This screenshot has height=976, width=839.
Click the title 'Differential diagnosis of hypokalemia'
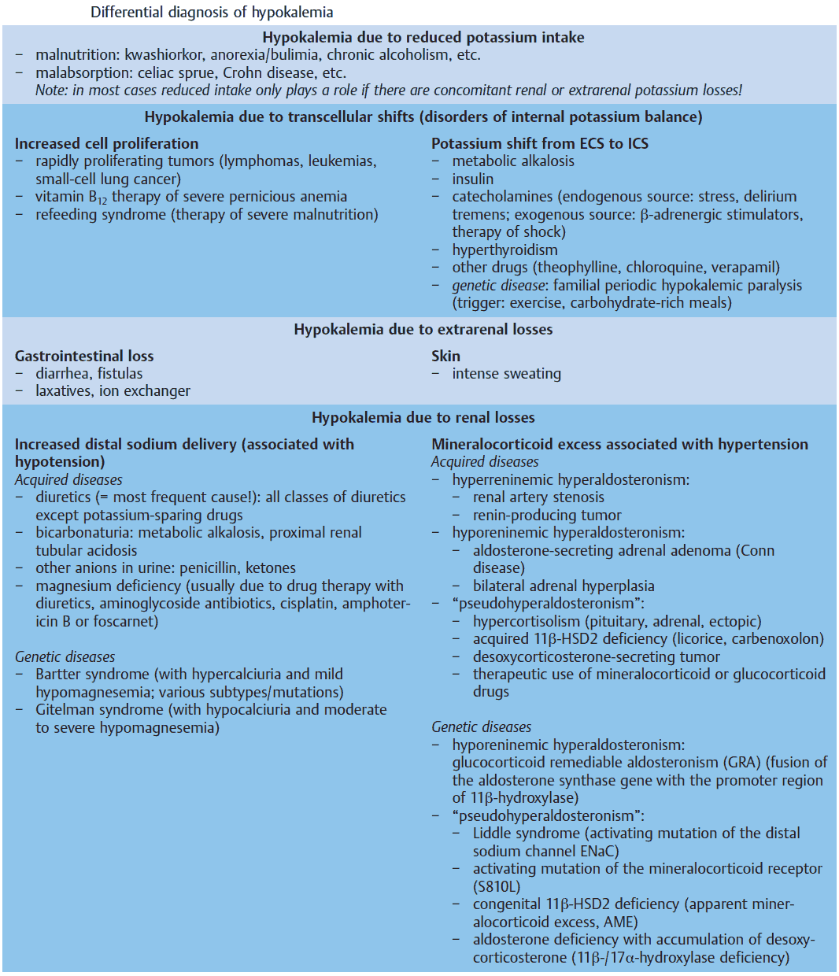[x=212, y=12]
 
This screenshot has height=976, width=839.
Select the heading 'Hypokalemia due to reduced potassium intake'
[x=423, y=37]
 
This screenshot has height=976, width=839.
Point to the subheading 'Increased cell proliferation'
[x=106, y=143]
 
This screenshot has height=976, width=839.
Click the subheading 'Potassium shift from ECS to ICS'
[x=539, y=143]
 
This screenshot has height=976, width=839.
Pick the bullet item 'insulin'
[x=472, y=179]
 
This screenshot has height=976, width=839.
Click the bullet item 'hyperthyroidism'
[x=505, y=250]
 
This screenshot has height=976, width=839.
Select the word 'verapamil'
[x=744, y=268]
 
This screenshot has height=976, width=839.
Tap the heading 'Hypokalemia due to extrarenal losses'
[x=423, y=329]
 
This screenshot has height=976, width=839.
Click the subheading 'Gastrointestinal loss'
[x=84, y=356]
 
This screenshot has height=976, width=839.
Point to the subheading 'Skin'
[x=445, y=356]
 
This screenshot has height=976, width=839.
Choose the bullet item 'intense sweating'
[x=506, y=374]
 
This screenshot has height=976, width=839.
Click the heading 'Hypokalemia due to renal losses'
[x=423, y=417]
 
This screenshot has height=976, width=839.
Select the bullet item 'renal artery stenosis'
[x=538, y=497]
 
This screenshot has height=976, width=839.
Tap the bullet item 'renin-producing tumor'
[x=547, y=516]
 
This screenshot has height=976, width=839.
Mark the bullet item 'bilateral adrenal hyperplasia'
[x=564, y=586]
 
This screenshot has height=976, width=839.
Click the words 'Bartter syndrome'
[x=92, y=675]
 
